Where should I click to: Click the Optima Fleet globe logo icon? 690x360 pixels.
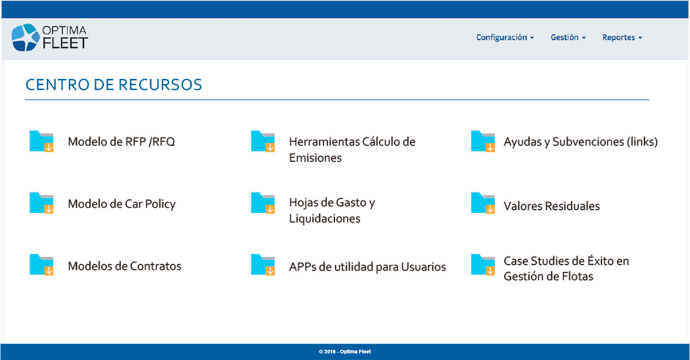(26, 37)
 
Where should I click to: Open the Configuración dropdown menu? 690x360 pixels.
(505, 38)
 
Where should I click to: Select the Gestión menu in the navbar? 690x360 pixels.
(568, 38)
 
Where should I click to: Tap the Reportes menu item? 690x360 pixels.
(622, 38)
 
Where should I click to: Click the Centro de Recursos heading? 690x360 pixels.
(113, 85)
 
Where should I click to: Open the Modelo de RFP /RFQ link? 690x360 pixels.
(121, 142)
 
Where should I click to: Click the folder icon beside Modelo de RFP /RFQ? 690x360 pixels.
(42, 141)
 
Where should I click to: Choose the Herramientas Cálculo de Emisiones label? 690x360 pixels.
(352, 150)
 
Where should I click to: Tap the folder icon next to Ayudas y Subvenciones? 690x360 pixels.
(483, 141)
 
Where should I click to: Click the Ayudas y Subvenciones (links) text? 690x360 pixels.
(581, 142)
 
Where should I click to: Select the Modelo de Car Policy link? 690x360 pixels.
(121, 204)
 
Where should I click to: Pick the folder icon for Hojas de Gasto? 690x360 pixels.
(262, 203)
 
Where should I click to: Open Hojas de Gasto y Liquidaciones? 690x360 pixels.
(332, 210)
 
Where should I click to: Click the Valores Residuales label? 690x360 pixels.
(552, 206)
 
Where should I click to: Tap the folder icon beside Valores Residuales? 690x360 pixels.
(483, 203)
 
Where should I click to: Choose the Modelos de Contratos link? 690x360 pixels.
(124, 266)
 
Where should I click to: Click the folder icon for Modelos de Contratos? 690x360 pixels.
(42, 264)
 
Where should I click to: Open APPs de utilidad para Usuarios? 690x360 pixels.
(367, 267)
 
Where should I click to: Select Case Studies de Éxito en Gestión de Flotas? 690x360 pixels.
(566, 268)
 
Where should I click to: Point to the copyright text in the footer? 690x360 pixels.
(345, 351)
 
